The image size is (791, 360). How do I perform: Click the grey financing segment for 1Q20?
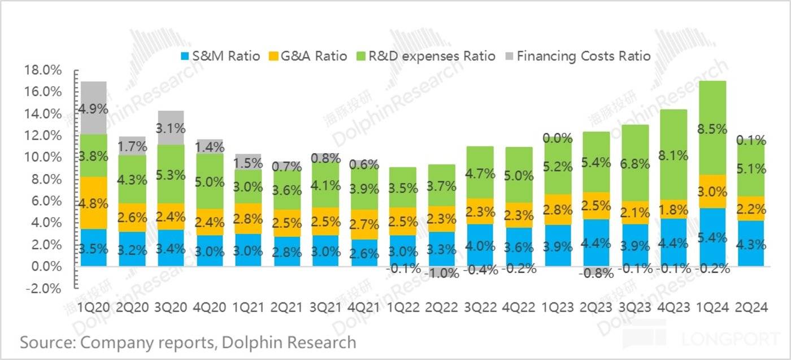point(93,107)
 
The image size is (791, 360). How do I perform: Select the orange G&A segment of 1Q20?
point(93,202)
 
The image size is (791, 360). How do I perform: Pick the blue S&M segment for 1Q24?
point(712,237)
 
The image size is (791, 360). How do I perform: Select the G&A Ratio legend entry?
point(307,56)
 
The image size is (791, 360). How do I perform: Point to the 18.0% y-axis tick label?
point(42,70)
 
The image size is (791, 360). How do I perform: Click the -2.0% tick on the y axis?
point(42,288)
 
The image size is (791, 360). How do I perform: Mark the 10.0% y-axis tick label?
point(42,158)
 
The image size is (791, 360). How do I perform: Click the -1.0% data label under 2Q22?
point(441,273)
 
